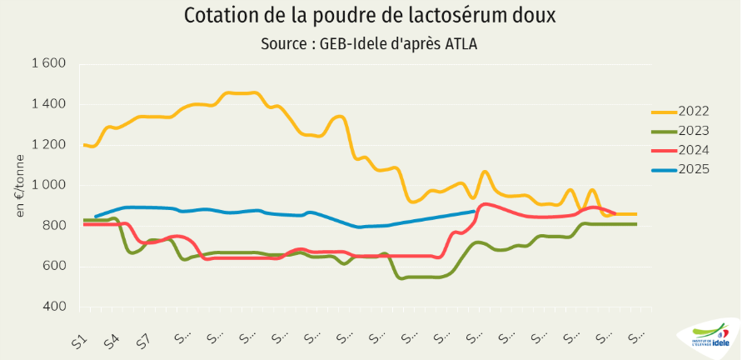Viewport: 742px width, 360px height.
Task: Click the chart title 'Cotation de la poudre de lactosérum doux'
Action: (371, 16)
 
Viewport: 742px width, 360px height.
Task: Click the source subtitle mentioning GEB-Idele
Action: (371, 44)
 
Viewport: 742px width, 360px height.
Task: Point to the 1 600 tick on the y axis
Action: (48, 63)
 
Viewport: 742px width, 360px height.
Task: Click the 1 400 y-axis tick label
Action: (48, 104)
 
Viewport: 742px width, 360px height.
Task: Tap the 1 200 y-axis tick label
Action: (48, 144)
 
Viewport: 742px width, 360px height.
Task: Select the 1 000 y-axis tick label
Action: (48, 185)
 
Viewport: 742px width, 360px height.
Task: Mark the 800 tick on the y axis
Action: (55, 226)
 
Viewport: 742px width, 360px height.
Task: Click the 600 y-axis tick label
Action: (55, 267)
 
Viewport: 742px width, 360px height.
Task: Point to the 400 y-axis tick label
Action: (55, 307)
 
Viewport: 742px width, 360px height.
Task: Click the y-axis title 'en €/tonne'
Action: (21, 186)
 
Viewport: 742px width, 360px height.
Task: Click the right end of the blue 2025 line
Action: (474, 212)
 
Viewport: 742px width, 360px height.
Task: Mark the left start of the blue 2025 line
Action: (96, 217)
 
